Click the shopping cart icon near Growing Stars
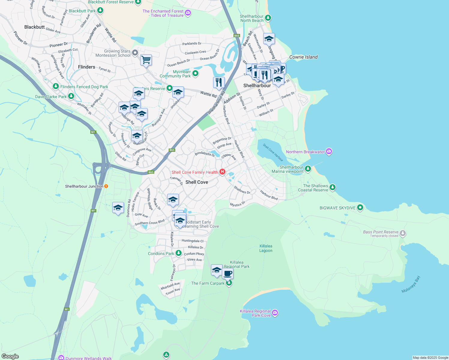click(x=146, y=60)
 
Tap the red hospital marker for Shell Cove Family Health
click(x=222, y=172)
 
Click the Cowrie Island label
click(x=303, y=57)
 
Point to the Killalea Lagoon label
click(x=266, y=248)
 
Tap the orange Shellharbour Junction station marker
click(x=106, y=186)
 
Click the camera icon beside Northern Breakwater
click(x=329, y=152)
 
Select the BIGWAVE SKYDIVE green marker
click(x=360, y=208)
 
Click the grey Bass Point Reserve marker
click(x=403, y=233)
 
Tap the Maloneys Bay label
click(x=411, y=284)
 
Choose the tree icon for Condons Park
click(x=179, y=253)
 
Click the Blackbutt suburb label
click(x=35, y=27)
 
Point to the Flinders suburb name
click(x=86, y=67)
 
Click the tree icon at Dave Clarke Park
click(x=71, y=96)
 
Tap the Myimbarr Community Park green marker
click(x=195, y=73)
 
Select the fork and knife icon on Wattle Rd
click(x=219, y=82)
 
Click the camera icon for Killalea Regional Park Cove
click(x=275, y=313)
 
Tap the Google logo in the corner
click(x=10, y=356)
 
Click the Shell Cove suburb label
click(x=197, y=182)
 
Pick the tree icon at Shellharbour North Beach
click(x=268, y=18)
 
